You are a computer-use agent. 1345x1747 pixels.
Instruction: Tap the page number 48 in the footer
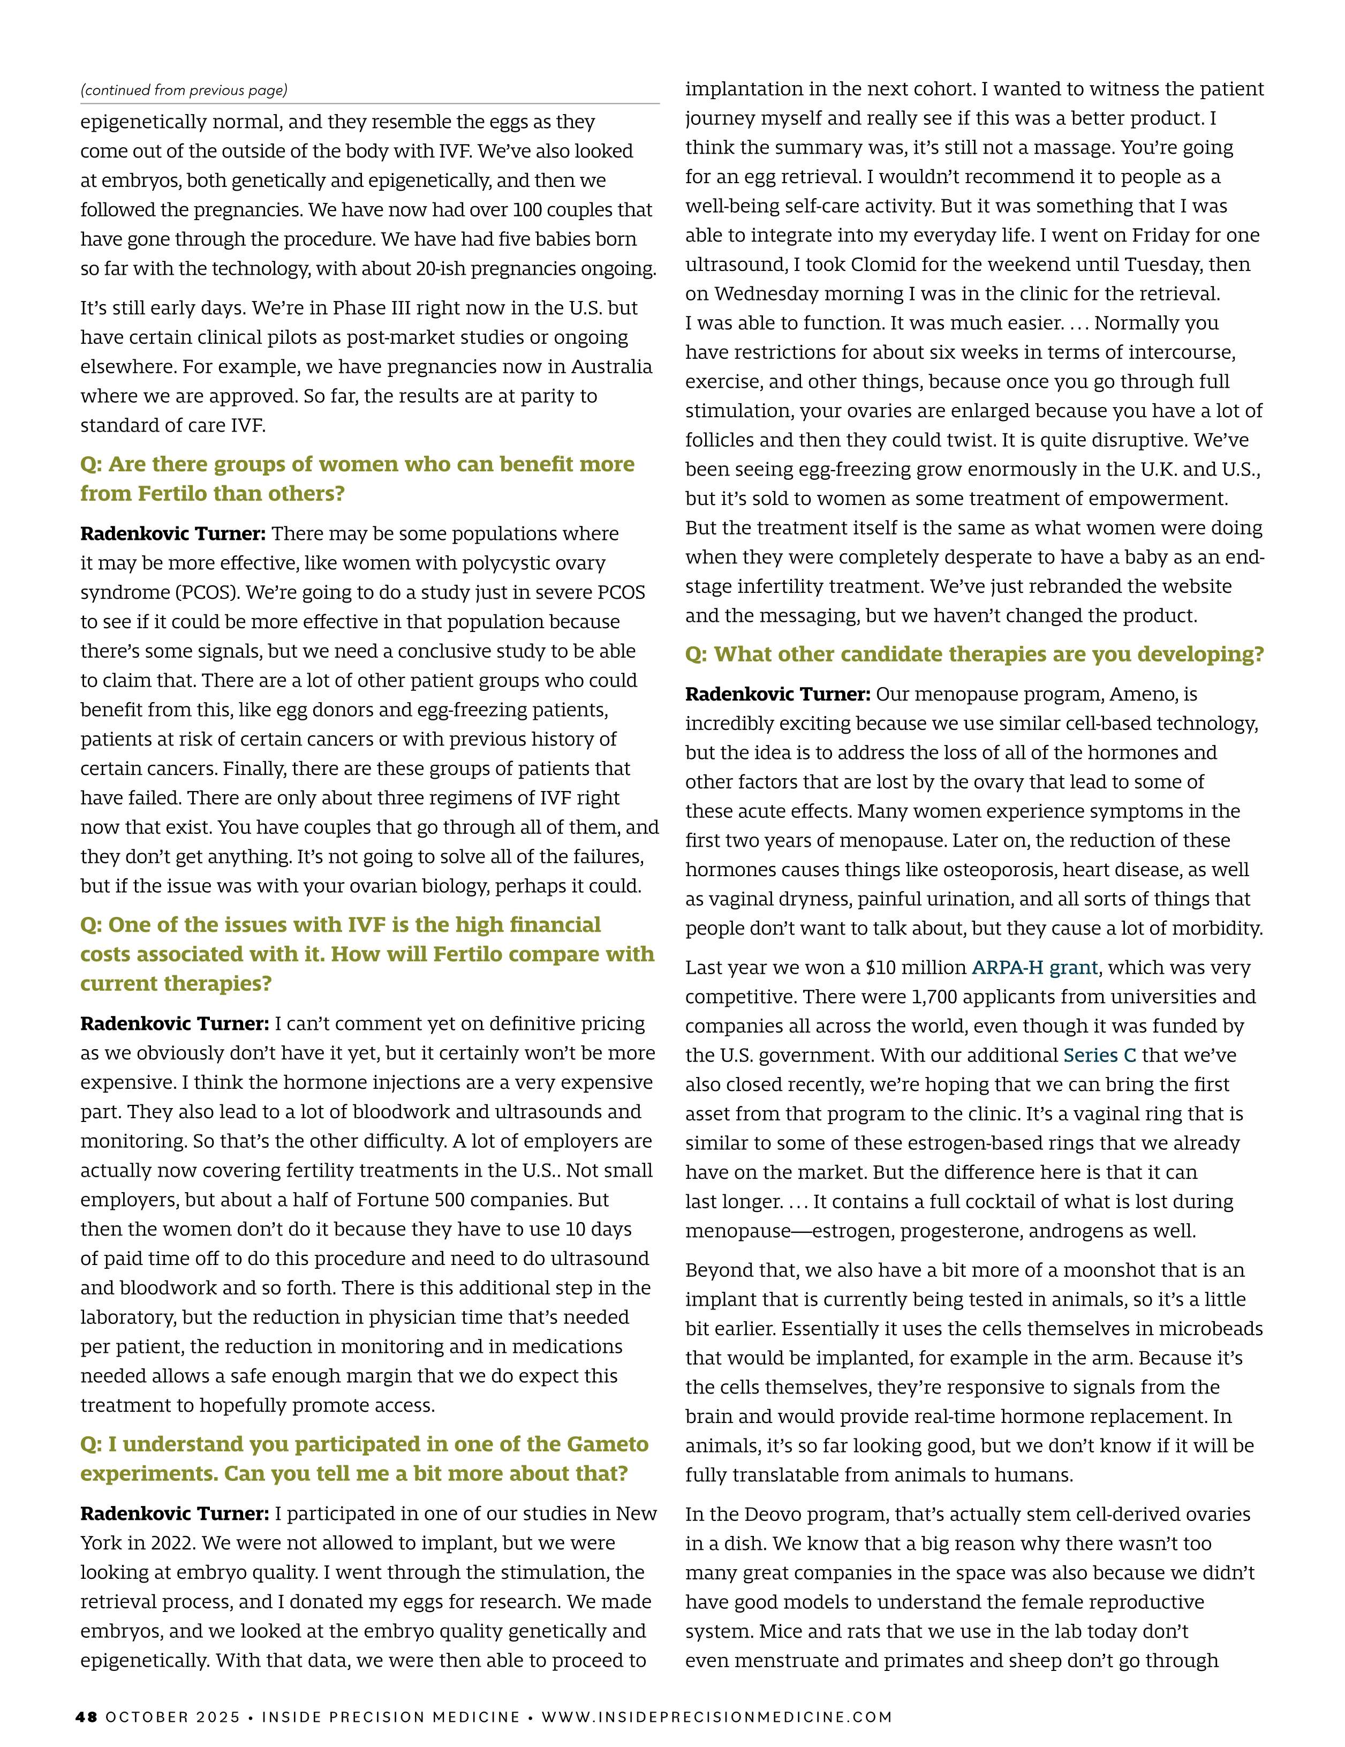[x=86, y=1716]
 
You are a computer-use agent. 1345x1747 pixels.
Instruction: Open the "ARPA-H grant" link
[x=1034, y=968]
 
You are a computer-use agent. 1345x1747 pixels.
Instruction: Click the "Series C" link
[x=1099, y=1056]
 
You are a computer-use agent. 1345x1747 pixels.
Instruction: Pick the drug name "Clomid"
[x=807, y=265]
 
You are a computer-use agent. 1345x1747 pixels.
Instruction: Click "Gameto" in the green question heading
[x=607, y=1444]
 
